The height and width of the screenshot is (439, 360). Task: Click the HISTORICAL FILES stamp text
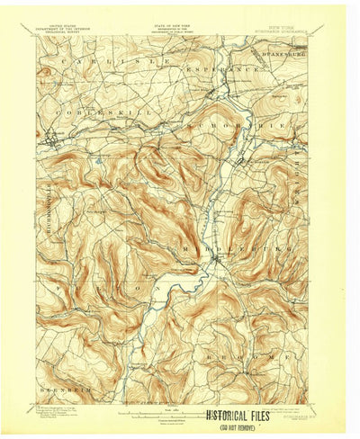pos(247,417)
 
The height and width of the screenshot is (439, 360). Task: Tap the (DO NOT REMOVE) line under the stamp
pos(247,427)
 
